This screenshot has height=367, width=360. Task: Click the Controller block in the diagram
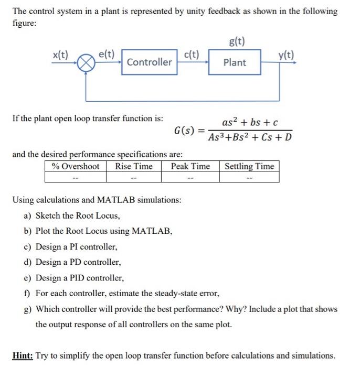[149, 62]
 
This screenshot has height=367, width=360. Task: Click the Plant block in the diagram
[234, 62]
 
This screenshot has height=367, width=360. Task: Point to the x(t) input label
[61, 54]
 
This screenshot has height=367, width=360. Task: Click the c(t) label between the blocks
[192, 54]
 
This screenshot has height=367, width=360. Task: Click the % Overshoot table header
[75, 166]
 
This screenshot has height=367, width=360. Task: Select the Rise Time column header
[134, 166]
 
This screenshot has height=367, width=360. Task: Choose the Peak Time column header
[190, 166]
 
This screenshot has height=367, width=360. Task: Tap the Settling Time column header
[249, 166]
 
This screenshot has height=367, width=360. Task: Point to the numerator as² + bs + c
[250, 122]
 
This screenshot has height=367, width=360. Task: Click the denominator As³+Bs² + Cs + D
[250, 138]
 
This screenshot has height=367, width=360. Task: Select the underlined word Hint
[23, 355]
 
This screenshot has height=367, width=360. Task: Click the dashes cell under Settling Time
[249, 177]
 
